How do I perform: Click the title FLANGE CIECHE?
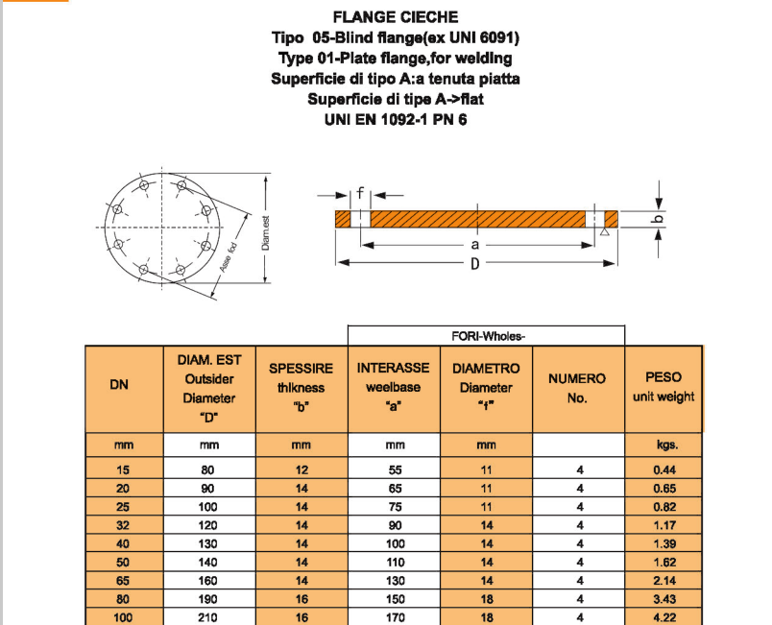pyautogui.click(x=395, y=16)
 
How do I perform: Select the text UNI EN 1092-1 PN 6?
pyautogui.click(x=395, y=119)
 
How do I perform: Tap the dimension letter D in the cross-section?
pyautogui.click(x=473, y=263)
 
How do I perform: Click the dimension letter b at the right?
pyautogui.click(x=659, y=220)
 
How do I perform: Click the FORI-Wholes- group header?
pyautogui.click(x=486, y=336)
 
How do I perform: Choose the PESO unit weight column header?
pyautogui.click(x=663, y=387)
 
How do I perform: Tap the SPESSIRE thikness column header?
pyautogui.click(x=302, y=387)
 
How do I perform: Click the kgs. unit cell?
pyautogui.click(x=663, y=445)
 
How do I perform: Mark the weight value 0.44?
pyautogui.click(x=663, y=470)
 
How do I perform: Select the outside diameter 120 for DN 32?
pyautogui.click(x=207, y=525)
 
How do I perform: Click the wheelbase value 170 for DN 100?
pyautogui.click(x=395, y=618)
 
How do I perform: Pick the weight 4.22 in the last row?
pyautogui.click(x=663, y=618)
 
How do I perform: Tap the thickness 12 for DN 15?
pyautogui.click(x=302, y=470)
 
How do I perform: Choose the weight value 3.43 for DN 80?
pyautogui.click(x=663, y=599)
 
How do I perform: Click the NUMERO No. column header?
pyautogui.click(x=577, y=387)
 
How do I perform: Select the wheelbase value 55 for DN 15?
pyautogui.click(x=395, y=470)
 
